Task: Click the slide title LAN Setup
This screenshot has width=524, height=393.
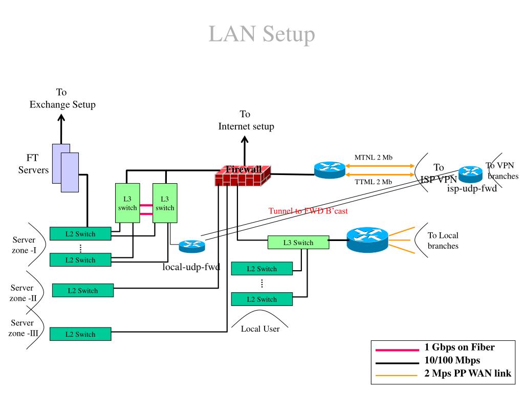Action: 261,34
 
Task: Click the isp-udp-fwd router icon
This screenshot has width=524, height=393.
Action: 470,174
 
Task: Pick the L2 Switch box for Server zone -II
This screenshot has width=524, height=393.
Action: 82,291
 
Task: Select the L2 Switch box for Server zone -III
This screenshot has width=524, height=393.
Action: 81,334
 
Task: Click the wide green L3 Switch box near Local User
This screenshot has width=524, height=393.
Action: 298,243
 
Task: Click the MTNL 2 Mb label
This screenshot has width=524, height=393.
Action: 373,157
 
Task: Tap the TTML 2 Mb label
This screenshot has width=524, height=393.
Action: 373,182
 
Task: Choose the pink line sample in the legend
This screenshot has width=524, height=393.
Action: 397,350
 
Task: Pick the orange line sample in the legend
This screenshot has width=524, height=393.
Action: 397,375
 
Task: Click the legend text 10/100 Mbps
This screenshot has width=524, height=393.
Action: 452,360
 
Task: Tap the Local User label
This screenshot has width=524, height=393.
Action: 260,329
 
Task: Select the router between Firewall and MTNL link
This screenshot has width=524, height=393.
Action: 330,170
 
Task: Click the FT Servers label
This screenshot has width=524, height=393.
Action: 33,164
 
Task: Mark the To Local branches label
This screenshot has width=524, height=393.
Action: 443,241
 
